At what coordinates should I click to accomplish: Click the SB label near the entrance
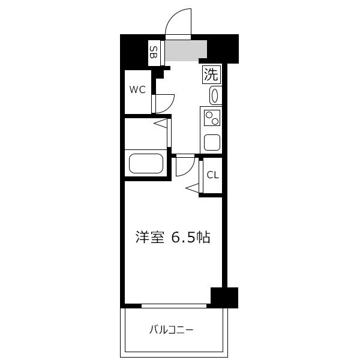(x=154, y=52)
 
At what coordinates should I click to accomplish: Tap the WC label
(x=137, y=89)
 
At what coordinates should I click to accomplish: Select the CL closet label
(x=212, y=175)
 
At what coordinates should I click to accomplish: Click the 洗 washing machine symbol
(x=211, y=74)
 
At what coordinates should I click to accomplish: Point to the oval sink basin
(x=215, y=96)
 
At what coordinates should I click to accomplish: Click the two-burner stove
(x=212, y=118)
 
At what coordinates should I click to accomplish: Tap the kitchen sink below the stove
(x=212, y=142)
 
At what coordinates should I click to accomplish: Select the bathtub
(x=146, y=163)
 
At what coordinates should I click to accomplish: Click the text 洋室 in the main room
(x=149, y=238)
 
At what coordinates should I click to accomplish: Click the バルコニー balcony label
(x=171, y=330)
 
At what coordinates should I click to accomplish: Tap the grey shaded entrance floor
(x=186, y=50)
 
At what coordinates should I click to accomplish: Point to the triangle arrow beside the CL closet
(x=193, y=188)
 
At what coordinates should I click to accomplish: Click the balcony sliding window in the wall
(x=174, y=306)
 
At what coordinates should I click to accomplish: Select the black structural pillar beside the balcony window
(x=224, y=298)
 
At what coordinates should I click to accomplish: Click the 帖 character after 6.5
(x=203, y=238)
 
